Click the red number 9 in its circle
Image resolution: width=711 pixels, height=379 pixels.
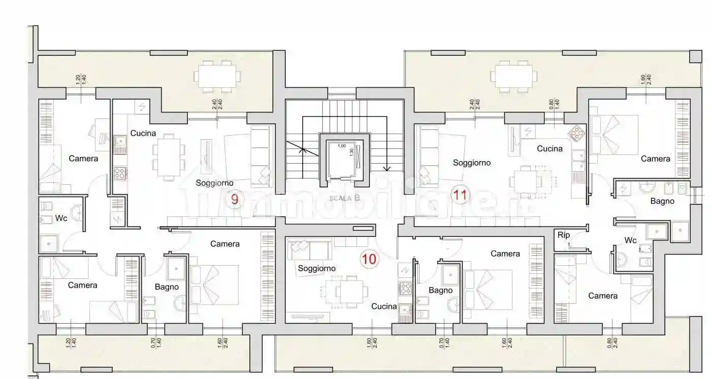point(234,199)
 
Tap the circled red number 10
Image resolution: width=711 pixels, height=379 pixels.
point(369,259)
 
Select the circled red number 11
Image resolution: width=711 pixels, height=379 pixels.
point(461,195)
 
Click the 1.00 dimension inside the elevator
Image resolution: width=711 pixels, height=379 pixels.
point(342,146)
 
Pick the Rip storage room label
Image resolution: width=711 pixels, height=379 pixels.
point(564,235)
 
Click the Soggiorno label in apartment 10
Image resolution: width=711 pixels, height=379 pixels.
point(316,268)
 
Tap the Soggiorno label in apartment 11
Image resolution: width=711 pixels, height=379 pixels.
point(472,163)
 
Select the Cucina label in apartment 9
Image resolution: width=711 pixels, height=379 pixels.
point(143,133)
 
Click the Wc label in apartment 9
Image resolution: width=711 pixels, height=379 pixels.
point(61,218)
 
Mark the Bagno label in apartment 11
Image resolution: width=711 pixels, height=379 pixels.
point(662,201)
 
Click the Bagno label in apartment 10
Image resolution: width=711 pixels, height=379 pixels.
point(440,291)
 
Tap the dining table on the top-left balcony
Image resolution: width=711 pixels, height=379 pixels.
point(217,77)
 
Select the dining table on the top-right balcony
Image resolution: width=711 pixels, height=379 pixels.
point(513,77)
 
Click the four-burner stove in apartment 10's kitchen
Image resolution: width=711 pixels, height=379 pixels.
point(405,289)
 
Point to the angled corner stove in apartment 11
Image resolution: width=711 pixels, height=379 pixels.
point(576,133)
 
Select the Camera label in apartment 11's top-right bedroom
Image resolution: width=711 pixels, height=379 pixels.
point(655,159)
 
